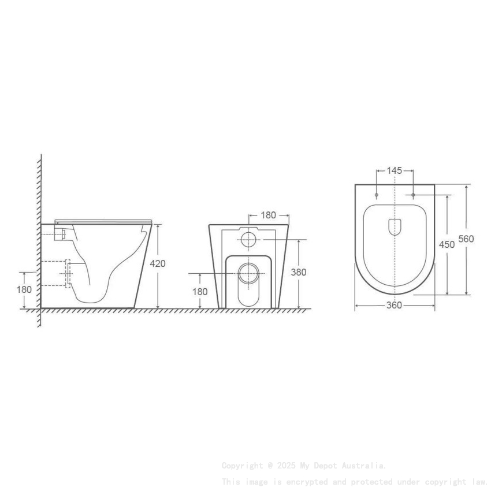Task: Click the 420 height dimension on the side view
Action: click(158, 263)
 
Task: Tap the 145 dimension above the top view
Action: click(395, 170)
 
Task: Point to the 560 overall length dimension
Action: click(466, 239)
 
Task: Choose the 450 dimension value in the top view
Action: click(447, 244)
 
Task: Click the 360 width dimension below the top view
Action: click(394, 306)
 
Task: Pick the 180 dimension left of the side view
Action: click(24, 289)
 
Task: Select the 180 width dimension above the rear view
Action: click(268, 215)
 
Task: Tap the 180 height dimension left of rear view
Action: click(199, 292)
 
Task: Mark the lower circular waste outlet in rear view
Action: click(249, 273)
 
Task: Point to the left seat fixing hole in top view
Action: click(376, 195)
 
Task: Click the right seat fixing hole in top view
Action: click(413, 195)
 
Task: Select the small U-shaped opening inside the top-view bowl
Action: click(395, 226)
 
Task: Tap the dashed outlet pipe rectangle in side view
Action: click(68, 273)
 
